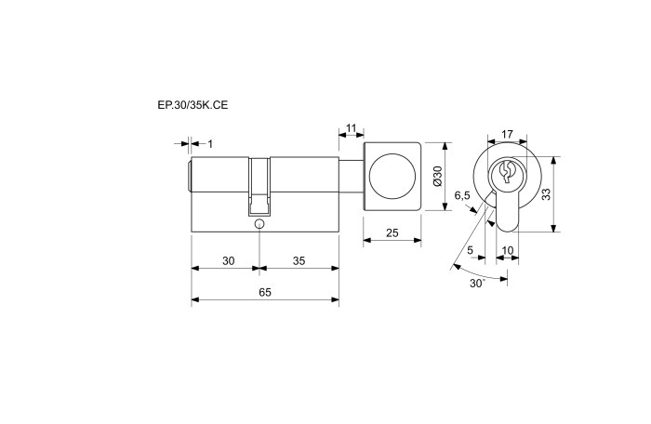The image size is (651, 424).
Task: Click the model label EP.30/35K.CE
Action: (193, 105)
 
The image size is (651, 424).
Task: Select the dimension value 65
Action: (265, 292)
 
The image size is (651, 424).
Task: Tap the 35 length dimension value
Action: (299, 260)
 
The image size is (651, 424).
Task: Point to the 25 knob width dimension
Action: (392, 233)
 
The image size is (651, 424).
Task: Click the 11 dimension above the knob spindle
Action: (351, 128)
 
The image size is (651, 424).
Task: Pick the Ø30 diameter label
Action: (438, 176)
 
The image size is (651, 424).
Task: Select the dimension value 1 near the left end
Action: (210, 144)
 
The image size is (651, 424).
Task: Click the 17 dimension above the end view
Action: (507, 135)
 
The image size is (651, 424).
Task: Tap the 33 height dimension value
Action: (547, 194)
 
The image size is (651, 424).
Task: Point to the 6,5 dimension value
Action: (461, 195)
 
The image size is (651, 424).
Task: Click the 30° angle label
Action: (477, 284)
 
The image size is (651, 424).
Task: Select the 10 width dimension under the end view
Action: (508, 250)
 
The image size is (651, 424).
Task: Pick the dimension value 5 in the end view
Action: (470, 250)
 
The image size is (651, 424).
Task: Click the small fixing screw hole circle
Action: (259, 224)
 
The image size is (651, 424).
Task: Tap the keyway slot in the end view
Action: (506, 171)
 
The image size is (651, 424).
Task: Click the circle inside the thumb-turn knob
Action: (392, 176)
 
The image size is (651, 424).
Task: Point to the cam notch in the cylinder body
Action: (259, 187)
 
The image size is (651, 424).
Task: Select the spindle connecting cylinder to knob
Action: (352, 176)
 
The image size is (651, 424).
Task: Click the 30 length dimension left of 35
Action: (229, 260)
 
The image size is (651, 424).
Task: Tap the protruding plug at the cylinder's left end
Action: (190, 176)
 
